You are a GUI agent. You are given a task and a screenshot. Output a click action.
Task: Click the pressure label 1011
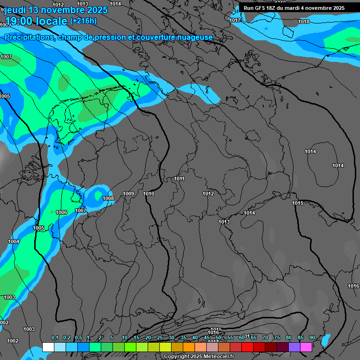pyautogui.click(x=179, y=179)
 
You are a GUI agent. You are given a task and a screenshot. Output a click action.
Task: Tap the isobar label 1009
pyautogui.click(x=128, y=194)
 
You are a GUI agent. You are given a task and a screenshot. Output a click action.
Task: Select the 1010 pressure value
pyautogui.click(x=149, y=194)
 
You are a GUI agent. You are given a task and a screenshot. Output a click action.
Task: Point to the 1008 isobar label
pyautogui.click(x=108, y=198)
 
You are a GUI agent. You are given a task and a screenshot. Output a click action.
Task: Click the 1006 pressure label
pyautogui.click(x=61, y=212)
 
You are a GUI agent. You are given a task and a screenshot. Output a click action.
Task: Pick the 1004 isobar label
pyautogui.click(x=14, y=241)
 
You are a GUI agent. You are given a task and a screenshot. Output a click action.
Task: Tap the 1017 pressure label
pyautogui.click(x=235, y=20)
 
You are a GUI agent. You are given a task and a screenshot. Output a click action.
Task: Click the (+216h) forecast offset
pyautogui.click(x=83, y=21)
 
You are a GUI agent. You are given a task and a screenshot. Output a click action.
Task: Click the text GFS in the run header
pyautogui.click(x=262, y=8)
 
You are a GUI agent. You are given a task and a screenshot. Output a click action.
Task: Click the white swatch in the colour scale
pyautogui.click(x=48, y=347)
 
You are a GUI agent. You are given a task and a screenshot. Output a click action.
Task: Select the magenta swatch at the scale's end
pyautogui.click(x=306, y=347)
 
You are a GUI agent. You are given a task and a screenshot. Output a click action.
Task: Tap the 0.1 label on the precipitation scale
pyautogui.click(x=55, y=338)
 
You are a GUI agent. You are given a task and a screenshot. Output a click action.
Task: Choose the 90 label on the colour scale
pyautogui.click(x=312, y=338)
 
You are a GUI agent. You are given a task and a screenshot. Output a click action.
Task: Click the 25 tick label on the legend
pyautogui.click(x=160, y=338)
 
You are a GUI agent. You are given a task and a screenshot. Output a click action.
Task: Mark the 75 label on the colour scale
pyautogui.click(x=277, y=338)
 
